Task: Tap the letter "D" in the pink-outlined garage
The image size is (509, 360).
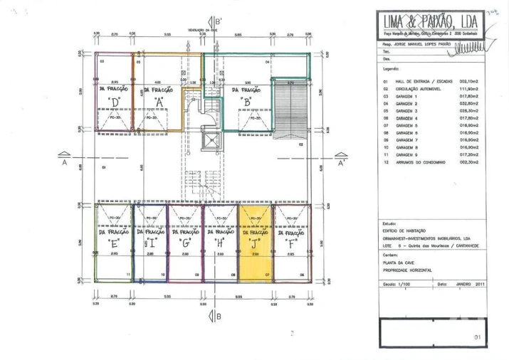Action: tap(115, 102)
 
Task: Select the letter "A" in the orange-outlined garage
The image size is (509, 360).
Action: tap(159, 102)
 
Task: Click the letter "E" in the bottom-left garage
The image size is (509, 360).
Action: tap(114, 243)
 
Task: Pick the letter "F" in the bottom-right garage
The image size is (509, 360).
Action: tap(292, 243)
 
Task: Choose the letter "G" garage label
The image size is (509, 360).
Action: tap(186, 243)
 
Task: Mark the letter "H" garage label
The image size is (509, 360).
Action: tap(220, 243)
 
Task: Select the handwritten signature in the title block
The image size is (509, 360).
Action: tap(471, 48)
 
